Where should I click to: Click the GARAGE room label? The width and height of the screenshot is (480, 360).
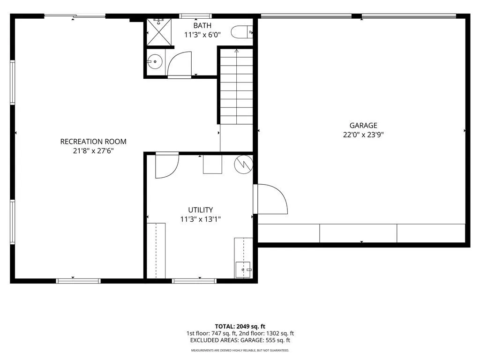(363, 125)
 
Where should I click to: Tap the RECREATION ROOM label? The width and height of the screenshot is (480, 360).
(93, 142)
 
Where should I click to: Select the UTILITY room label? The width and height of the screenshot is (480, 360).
(201, 210)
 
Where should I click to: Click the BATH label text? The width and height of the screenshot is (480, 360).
(202, 25)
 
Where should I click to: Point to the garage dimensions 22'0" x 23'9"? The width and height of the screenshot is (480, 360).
(363, 135)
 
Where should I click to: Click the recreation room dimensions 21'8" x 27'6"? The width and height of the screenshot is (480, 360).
(93, 150)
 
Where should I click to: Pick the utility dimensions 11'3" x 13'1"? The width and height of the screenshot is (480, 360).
(201, 219)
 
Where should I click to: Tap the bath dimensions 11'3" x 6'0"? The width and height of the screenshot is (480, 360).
(202, 35)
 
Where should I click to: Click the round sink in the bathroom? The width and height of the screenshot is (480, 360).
(155, 61)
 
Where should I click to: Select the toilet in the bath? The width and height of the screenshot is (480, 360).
(241, 32)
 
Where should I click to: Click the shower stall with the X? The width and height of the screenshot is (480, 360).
(159, 32)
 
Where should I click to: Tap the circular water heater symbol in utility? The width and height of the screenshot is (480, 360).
(244, 165)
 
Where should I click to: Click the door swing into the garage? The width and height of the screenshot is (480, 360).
(270, 199)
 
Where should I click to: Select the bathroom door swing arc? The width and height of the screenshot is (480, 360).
(180, 64)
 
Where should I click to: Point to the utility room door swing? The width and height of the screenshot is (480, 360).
(167, 165)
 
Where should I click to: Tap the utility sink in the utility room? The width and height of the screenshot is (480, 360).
(243, 270)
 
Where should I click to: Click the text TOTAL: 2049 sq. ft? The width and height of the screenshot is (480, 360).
(240, 326)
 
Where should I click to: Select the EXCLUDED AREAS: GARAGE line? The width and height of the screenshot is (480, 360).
(240, 340)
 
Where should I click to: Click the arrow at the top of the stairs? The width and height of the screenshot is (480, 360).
(236, 51)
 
